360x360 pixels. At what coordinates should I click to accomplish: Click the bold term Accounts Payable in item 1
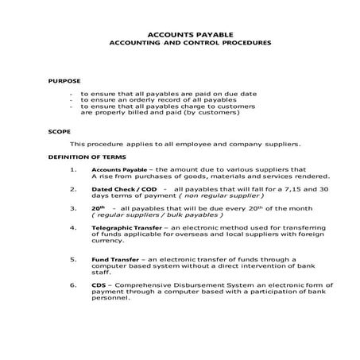tap(118, 169)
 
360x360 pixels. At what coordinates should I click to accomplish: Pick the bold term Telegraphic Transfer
tap(126, 227)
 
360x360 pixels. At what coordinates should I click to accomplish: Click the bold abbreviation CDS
tap(99, 284)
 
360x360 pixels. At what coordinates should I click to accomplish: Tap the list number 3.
tap(73, 207)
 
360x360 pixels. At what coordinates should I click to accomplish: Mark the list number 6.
tap(73, 284)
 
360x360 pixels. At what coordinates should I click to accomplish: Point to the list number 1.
tap(73, 169)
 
